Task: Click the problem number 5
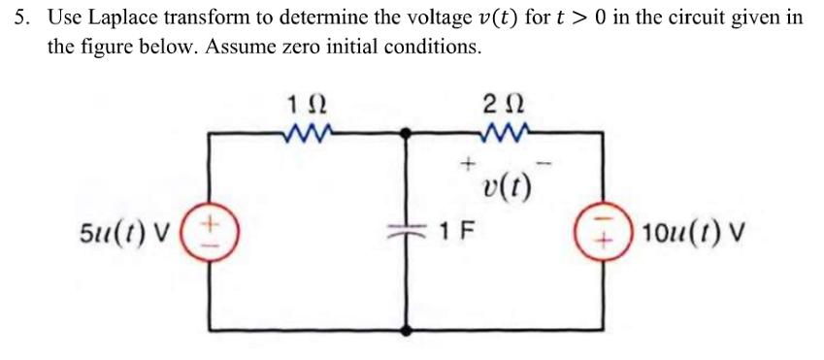20,19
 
